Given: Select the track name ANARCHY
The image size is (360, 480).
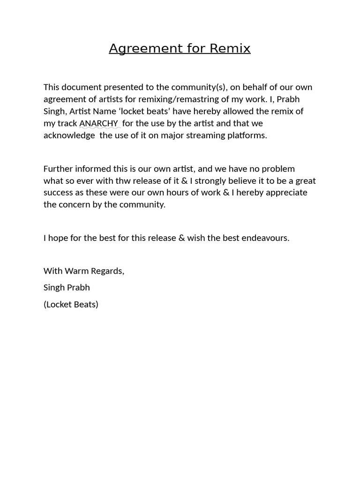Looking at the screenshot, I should (x=98, y=123).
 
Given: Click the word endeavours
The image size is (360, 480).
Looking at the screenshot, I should (x=265, y=238).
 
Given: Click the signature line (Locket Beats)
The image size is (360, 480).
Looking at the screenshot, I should (x=71, y=304).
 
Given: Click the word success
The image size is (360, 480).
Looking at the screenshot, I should (x=58, y=193).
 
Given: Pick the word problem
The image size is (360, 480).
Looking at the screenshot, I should (x=278, y=168).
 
